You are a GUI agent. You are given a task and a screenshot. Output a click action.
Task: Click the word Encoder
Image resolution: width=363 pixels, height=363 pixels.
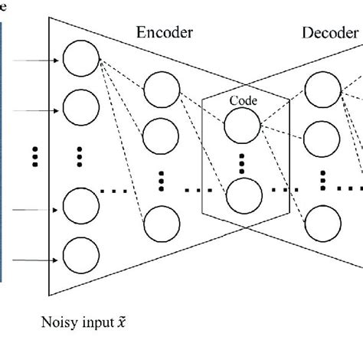tap(165, 33)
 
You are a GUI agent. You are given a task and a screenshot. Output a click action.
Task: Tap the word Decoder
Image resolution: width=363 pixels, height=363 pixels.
tap(330, 33)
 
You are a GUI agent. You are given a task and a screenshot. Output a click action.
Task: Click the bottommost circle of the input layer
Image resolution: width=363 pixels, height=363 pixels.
tap(81, 256)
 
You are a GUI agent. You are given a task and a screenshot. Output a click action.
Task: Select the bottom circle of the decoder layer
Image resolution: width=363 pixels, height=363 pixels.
tap(322, 225)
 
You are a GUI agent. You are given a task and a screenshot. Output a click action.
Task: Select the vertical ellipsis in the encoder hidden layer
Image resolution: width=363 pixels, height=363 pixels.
tap(162, 181)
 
